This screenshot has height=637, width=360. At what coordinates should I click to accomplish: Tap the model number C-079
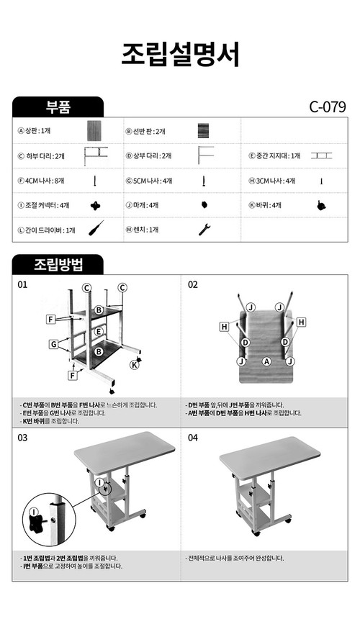(328, 107)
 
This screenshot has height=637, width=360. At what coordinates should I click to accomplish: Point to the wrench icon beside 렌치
(204, 230)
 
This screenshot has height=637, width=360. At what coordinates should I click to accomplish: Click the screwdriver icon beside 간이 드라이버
(95, 230)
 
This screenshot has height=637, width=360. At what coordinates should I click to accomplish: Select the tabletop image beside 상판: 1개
(95, 132)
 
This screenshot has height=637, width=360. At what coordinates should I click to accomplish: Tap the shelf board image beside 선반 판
(204, 132)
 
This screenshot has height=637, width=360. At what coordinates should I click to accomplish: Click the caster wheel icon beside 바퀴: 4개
(320, 205)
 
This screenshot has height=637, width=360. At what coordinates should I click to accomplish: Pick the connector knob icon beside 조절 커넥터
(95, 205)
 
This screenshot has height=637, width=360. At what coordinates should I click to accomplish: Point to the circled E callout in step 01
(99, 332)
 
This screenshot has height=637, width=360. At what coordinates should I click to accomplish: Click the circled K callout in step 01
(133, 365)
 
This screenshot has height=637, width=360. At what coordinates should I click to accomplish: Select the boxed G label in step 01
(53, 345)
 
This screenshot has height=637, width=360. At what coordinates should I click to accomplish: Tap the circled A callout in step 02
(266, 361)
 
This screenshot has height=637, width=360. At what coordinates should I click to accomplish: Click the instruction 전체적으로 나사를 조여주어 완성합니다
(235, 558)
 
